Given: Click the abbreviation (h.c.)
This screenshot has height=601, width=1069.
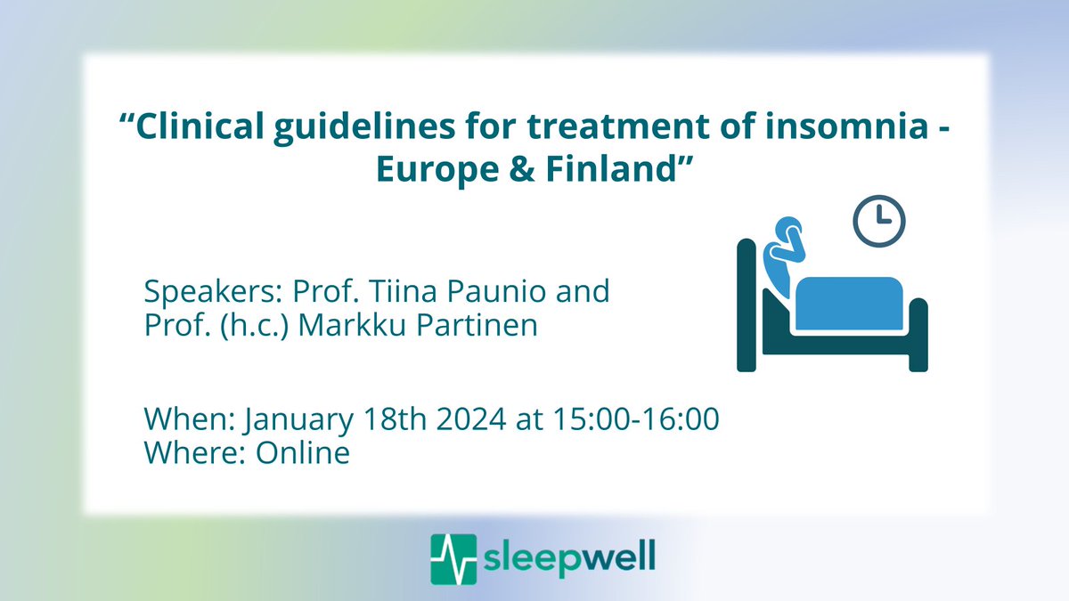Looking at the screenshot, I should pyautogui.click(x=249, y=326).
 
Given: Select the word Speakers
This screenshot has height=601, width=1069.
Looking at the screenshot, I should pyautogui.click(x=201, y=293).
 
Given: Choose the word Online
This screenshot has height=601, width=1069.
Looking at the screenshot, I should pyautogui.click(x=303, y=453).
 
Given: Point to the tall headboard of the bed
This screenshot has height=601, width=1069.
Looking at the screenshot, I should pyautogui.click(x=747, y=303).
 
